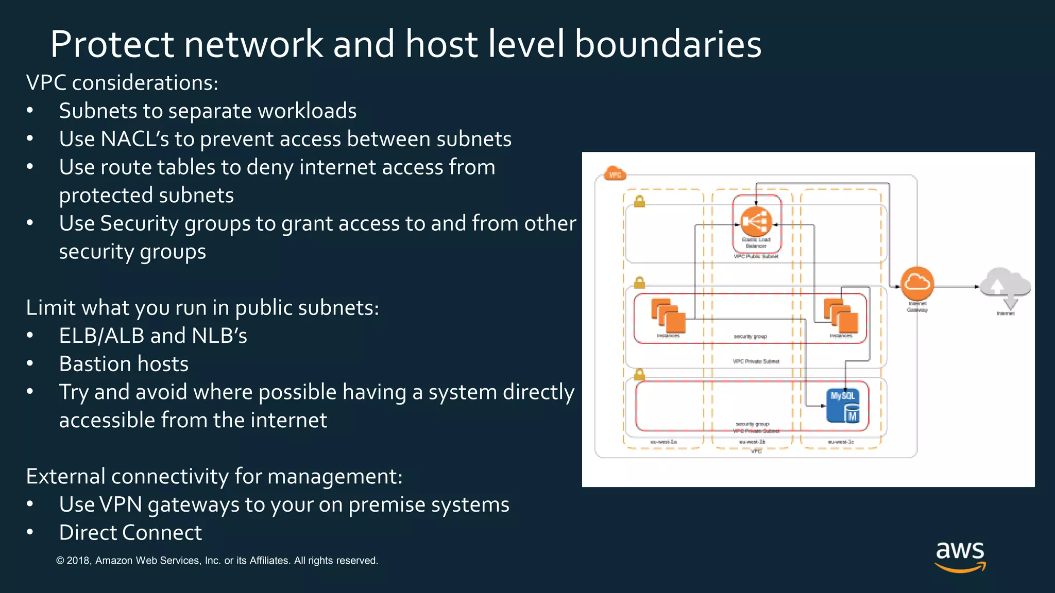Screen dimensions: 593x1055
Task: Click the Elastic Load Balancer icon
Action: pos(756,222)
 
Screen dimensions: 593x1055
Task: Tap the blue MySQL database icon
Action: pos(843,406)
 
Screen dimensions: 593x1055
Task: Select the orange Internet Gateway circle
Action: pos(917,284)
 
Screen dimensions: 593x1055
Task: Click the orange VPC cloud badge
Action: pos(615,174)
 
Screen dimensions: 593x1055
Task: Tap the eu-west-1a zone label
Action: pos(663,442)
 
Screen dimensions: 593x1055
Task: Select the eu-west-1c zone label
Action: pos(841,442)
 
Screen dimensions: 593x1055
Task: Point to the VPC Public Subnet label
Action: pos(756,256)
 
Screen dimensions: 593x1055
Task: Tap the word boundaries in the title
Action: pos(668,44)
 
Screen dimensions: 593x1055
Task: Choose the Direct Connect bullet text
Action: pos(130,533)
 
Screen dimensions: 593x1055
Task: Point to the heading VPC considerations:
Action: pos(122,83)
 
